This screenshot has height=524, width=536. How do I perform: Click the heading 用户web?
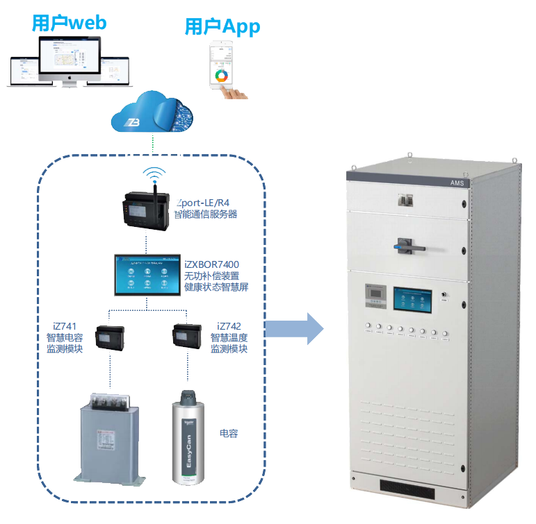(x=69, y=22)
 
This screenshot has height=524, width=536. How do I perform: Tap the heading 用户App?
(x=222, y=27)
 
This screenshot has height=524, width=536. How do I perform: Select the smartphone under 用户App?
(x=224, y=66)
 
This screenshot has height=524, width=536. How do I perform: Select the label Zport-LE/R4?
(x=204, y=203)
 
